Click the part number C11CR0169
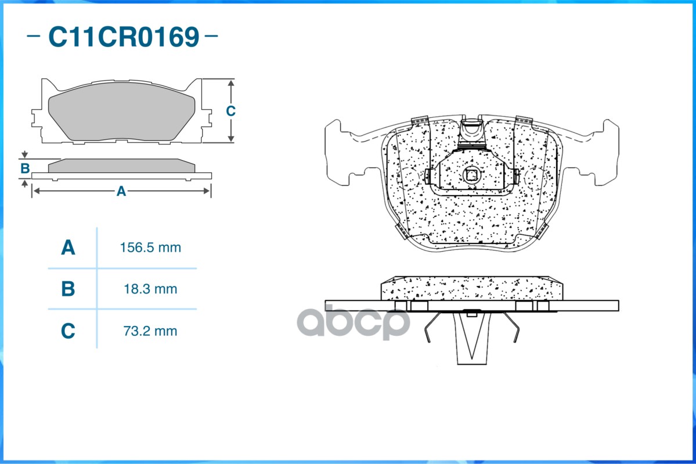pos(123,37)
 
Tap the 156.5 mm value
pos(150,248)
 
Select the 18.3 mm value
pos(150,289)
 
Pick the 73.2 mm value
pos(150,331)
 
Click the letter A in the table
pos(68,248)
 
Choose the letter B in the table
pos(68,289)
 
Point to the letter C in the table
pos(68,331)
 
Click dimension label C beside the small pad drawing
pos(230,111)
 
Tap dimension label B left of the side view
pos(25,169)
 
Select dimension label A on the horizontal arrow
pos(121,191)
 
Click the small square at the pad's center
pos(472,175)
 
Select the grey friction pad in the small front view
pos(121,116)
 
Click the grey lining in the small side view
pos(121,166)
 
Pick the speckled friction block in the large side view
pos(471,288)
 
